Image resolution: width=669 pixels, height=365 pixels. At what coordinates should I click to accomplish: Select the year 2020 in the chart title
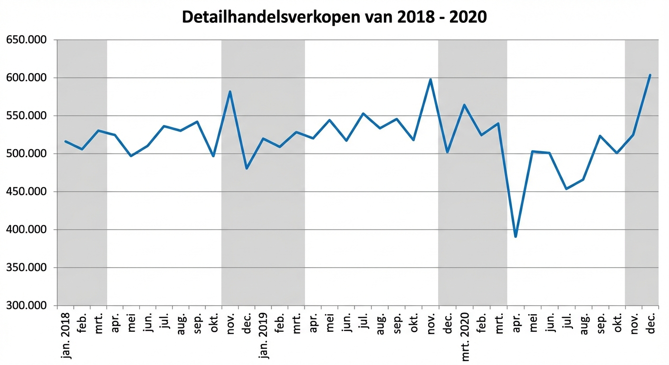click(468, 17)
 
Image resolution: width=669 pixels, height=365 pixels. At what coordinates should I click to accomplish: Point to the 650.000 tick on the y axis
click(27, 40)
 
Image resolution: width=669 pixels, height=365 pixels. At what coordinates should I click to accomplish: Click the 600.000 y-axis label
click(27, 78)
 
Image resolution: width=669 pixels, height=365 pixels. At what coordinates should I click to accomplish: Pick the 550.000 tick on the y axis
click(27, 116)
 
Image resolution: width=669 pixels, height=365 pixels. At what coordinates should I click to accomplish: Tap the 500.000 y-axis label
click(27, 154)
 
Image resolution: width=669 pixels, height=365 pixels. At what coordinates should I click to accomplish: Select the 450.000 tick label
click(27, 192)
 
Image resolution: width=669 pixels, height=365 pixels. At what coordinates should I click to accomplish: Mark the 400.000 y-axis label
click(27, 230)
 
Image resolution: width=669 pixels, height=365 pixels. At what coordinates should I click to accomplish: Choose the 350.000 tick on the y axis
click(27, 268)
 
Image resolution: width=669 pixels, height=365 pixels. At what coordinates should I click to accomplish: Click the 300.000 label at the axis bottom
click(27, 306)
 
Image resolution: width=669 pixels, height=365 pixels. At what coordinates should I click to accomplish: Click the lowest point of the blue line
click(516, 236)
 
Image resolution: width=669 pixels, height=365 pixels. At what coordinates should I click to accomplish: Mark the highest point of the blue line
click(650, 75)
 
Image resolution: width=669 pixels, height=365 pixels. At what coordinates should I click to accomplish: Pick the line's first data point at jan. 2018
click(66, 141)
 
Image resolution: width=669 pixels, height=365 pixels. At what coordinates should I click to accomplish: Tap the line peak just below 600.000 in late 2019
click(430, 79)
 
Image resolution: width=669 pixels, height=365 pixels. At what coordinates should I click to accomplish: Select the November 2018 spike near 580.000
click(230, 92)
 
